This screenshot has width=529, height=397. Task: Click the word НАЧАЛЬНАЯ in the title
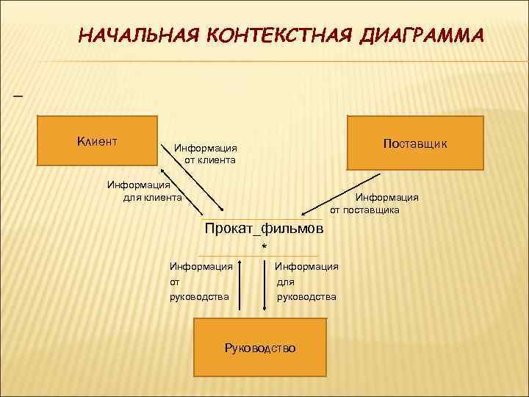[135, 36]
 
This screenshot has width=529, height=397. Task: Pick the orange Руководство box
[259, 348]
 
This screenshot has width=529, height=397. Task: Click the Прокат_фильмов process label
[263, 229]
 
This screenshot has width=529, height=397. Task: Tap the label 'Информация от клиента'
[205, 154]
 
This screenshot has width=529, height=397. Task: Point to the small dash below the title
[18, 96]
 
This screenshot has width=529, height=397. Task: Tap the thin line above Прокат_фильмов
[261, 219]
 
